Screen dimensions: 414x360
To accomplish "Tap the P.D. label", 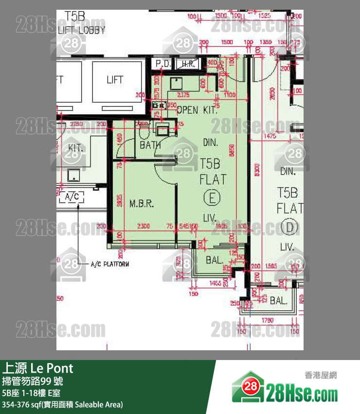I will click(x=162, y=64).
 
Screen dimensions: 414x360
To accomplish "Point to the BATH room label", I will click(x=150, y=144).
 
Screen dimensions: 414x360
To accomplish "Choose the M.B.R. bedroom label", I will click(x=142, y=203).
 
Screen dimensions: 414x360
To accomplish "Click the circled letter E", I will click(x=212, y=198).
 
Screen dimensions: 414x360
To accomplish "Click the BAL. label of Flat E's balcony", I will click(x=214, y=260).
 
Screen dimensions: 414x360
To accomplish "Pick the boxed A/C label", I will click(x=72, y=197).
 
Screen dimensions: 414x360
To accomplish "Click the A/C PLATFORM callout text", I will click(x=110, y=264).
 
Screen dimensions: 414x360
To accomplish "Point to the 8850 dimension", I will click(x=237, y=153).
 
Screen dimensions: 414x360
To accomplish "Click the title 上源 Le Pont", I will click(x=38, y=368).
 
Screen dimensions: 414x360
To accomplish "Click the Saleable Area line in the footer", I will click(x=62, y=404).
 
